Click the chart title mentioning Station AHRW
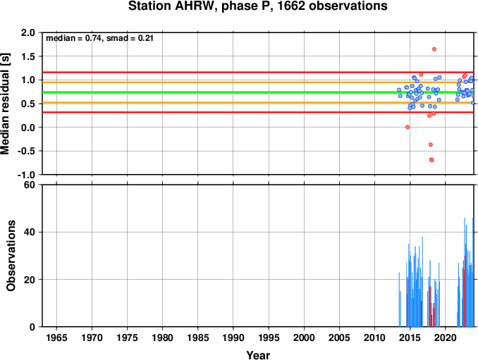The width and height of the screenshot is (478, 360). [257, 6]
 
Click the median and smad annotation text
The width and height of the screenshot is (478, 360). [99, 38]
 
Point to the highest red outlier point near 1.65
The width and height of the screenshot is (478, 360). [434, 49]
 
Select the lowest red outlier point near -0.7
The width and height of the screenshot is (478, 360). [431, 160]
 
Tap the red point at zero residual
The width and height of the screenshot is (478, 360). [407, 127]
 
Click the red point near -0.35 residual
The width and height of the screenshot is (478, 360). [431, 144]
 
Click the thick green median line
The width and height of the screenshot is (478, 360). [258, 92]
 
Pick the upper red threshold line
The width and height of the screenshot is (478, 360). [258, 72]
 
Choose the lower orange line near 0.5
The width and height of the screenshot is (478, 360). [258, 103]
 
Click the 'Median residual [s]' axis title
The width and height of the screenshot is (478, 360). [5, 104]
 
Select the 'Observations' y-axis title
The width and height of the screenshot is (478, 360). [11, 256]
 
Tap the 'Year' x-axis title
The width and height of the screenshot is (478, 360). [258, 355]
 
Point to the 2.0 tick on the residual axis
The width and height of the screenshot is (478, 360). [27, 32]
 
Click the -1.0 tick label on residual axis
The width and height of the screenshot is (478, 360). [26, 175]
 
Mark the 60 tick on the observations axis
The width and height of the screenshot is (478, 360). [30, 185]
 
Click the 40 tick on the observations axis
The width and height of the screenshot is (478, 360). [30, 232]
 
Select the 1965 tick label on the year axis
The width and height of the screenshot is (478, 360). [56, 337]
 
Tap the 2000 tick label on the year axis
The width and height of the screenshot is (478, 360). [304, 337]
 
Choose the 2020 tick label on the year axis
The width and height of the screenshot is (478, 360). [446, 337]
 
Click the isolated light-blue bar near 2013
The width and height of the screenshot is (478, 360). [399, 299]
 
